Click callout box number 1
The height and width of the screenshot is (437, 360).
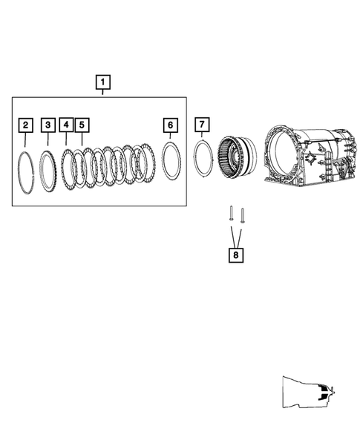click(x=103, y=82)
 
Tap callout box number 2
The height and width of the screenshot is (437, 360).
click(x=26, y=125)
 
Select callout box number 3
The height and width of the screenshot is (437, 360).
click(x=48, y=125)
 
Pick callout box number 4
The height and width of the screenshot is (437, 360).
click(x=66, y=125)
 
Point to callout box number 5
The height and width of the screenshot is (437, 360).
click(x=82, y=125)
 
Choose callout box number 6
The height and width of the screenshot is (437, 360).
click(x=171, y=125)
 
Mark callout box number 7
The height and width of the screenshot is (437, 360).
click(x=202, y=125)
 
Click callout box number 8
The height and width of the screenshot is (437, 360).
click(x=236, y=255)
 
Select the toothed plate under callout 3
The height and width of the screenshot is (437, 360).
click(x=40, y=170)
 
